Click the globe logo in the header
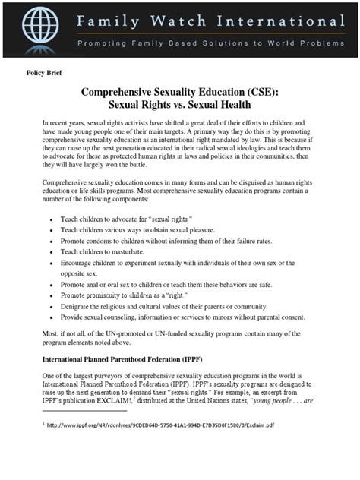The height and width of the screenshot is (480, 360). point(39,28)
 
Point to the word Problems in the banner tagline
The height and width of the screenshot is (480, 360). point(320,43)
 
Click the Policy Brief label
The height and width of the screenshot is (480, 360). point(44,74)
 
